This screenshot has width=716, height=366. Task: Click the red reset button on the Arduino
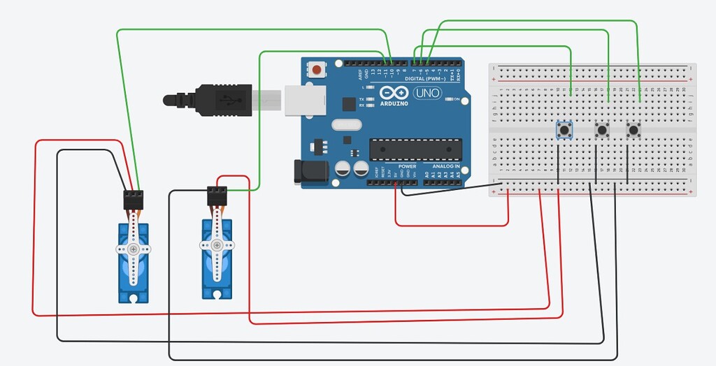point(318,70)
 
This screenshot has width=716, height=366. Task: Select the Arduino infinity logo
point(393,92)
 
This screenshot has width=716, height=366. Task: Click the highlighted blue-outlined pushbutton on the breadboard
point(564,130)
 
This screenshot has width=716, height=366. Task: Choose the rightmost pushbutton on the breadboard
point(633,130)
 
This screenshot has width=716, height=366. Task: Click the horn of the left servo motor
point(133,249)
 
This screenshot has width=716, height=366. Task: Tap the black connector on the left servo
point(133,200)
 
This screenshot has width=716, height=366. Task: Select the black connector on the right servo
point(218,196)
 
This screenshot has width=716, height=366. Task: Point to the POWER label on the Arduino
point(407,167)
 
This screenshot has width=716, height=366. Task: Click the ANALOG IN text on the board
point(446,167)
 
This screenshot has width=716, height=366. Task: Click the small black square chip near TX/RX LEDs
point(349,104)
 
